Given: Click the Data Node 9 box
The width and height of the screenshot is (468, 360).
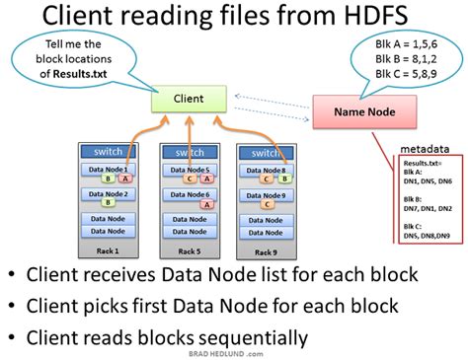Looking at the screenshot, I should pos(268,195).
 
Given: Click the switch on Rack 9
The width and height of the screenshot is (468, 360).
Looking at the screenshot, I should pos(268,153).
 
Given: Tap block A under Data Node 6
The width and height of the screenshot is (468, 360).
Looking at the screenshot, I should pos(205,206).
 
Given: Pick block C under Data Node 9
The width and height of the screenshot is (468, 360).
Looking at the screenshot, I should pos(268,206).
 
